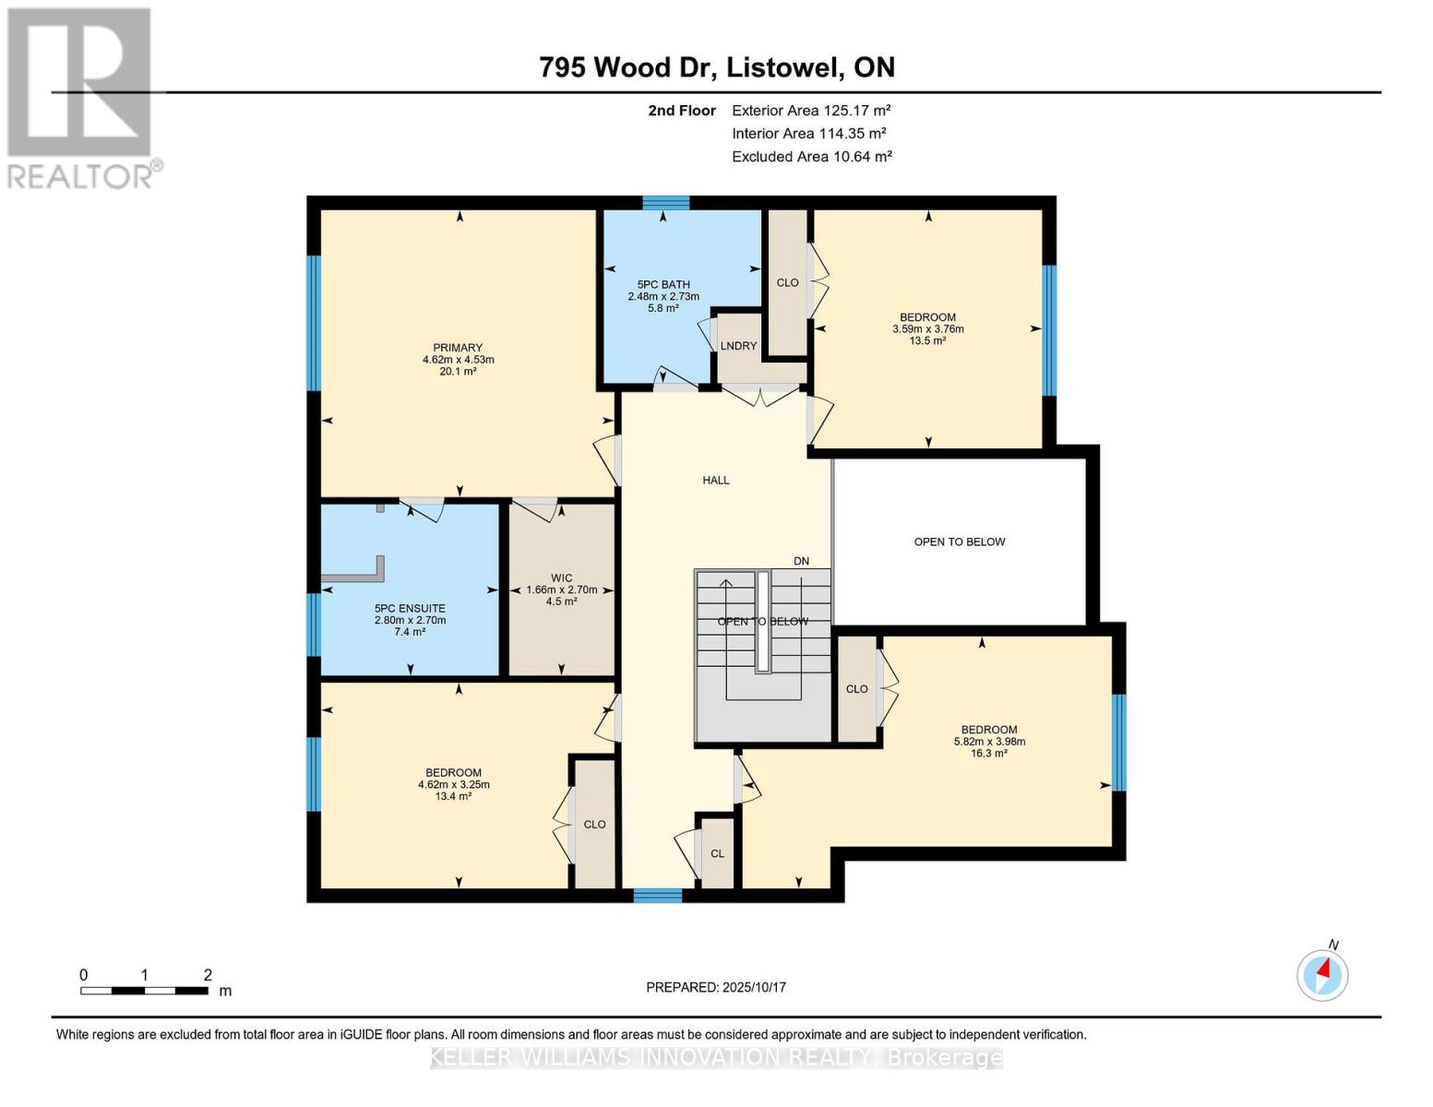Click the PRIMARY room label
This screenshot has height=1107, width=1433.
pos(458,348)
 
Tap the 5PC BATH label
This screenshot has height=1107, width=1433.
pos(663,285)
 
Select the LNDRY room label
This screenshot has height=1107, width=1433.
pos(738,346)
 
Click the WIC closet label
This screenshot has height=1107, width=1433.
pos(562,578)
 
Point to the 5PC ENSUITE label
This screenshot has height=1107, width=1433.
pos(410,609)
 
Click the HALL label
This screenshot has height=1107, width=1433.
pos(716,480)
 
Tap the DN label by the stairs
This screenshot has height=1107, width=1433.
pos(801,561)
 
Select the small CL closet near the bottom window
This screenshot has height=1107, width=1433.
pos(717,853)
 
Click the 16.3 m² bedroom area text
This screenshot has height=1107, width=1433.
pos(988,754)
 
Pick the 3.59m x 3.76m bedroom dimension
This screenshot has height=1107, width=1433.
pos(927,329)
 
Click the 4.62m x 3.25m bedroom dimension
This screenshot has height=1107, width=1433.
pos(453,785)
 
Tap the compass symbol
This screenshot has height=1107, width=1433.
pos(1322,974)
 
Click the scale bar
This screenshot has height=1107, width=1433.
pos(144,991)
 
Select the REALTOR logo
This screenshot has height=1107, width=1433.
pos(80,98)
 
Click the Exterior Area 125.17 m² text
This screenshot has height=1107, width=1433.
pos(811,110)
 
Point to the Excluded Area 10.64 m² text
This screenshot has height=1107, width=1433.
pos(811,157)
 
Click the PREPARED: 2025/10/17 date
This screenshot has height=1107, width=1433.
pos(716,987)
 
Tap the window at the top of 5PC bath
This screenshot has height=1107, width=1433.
pos(665,203)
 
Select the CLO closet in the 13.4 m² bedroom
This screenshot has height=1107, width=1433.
pos(594,824)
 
